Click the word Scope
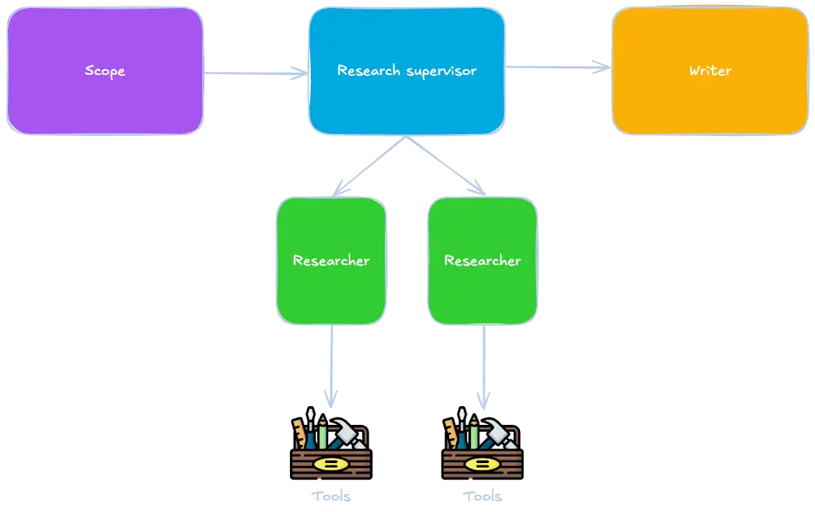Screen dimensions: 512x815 [104, 71]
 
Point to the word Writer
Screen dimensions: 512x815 [710, 71]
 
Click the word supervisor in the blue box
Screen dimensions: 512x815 [441, 71]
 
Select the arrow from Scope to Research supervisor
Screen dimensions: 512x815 [255, 72]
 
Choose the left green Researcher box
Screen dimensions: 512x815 [331, 288]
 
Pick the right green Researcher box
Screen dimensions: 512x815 [482, 288]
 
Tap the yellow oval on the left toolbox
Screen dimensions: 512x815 [331, 464]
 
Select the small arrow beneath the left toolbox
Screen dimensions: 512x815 [332, 495]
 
